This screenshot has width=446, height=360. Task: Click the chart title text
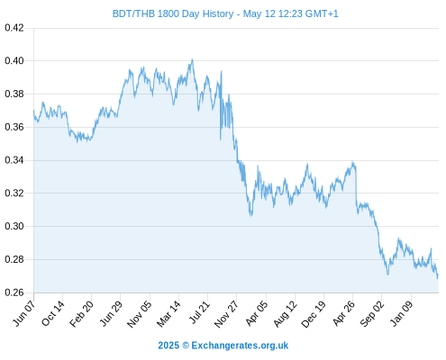tap(225, 13)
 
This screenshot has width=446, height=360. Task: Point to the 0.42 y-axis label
tap(14, 28)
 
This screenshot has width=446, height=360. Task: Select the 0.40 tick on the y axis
tap(14, 61)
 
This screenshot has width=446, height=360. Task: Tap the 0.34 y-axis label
tap(14, 160)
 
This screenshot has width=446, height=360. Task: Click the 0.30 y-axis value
tap(14, 226)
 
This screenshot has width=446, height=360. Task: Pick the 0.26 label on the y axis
tap(14, 292)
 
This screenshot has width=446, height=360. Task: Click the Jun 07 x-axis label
tap(24, 313)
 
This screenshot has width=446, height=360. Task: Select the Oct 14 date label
tap(53, 313)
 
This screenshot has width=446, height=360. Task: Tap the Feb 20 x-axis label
tap(82, 313)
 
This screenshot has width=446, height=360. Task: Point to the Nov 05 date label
tap(140, 314)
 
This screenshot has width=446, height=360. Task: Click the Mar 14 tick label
tap(168, 313)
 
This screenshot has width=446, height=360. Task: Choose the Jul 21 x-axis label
tap(199, 312)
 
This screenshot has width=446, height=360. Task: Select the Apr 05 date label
tap(256, 313)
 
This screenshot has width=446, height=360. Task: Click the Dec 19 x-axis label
tap(314, 314)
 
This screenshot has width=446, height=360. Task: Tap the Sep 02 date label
tap(372, 313)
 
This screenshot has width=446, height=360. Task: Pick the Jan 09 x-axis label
tap(401, 313)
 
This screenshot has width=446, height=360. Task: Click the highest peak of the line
tap(192, 59)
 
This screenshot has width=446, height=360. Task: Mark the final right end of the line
tap(438, 276)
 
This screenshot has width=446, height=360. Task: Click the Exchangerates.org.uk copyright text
tap(240, 346)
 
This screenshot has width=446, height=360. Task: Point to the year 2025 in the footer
tap(168, 346)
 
